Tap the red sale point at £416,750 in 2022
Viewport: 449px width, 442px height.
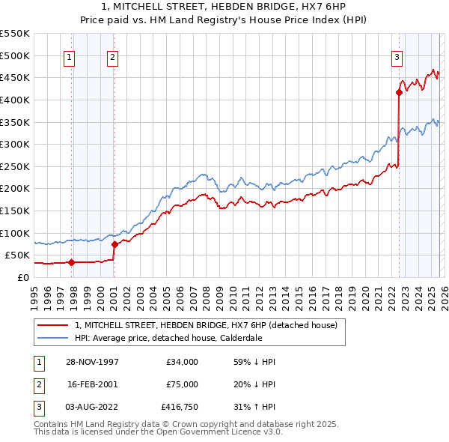click(x=398, y=92)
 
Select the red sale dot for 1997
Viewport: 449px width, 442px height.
click(x=71, y=262)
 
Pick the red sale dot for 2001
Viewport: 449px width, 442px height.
click(x=114, y=244)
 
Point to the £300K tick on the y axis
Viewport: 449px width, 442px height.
click(x=15, y=144)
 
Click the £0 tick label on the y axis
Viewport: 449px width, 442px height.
click(x=22, y=277)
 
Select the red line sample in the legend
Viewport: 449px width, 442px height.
click(x=53, y=325)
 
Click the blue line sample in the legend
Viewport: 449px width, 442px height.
click(x=53, y=338)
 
